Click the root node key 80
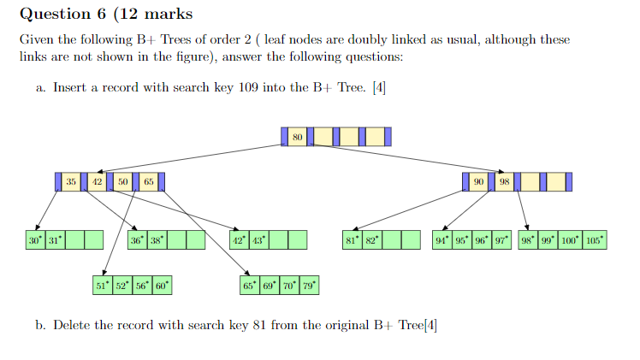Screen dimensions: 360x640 [x=297, y=137]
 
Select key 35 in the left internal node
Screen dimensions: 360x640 [x=71, y=182]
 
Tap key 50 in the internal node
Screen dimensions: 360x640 [x=123, y=182]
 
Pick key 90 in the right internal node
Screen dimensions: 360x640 [x=479, y=182]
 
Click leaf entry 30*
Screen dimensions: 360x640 [x=35, y=240]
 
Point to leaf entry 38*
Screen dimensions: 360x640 [x=157, y=240]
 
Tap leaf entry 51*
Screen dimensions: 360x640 [x=102, y=285]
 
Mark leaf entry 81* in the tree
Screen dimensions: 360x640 [x=352, y=240]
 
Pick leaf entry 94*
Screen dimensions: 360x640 [x=441, y=240]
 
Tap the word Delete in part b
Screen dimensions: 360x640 [x=71, y=325]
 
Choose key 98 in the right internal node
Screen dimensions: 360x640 [x=506, y=182]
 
